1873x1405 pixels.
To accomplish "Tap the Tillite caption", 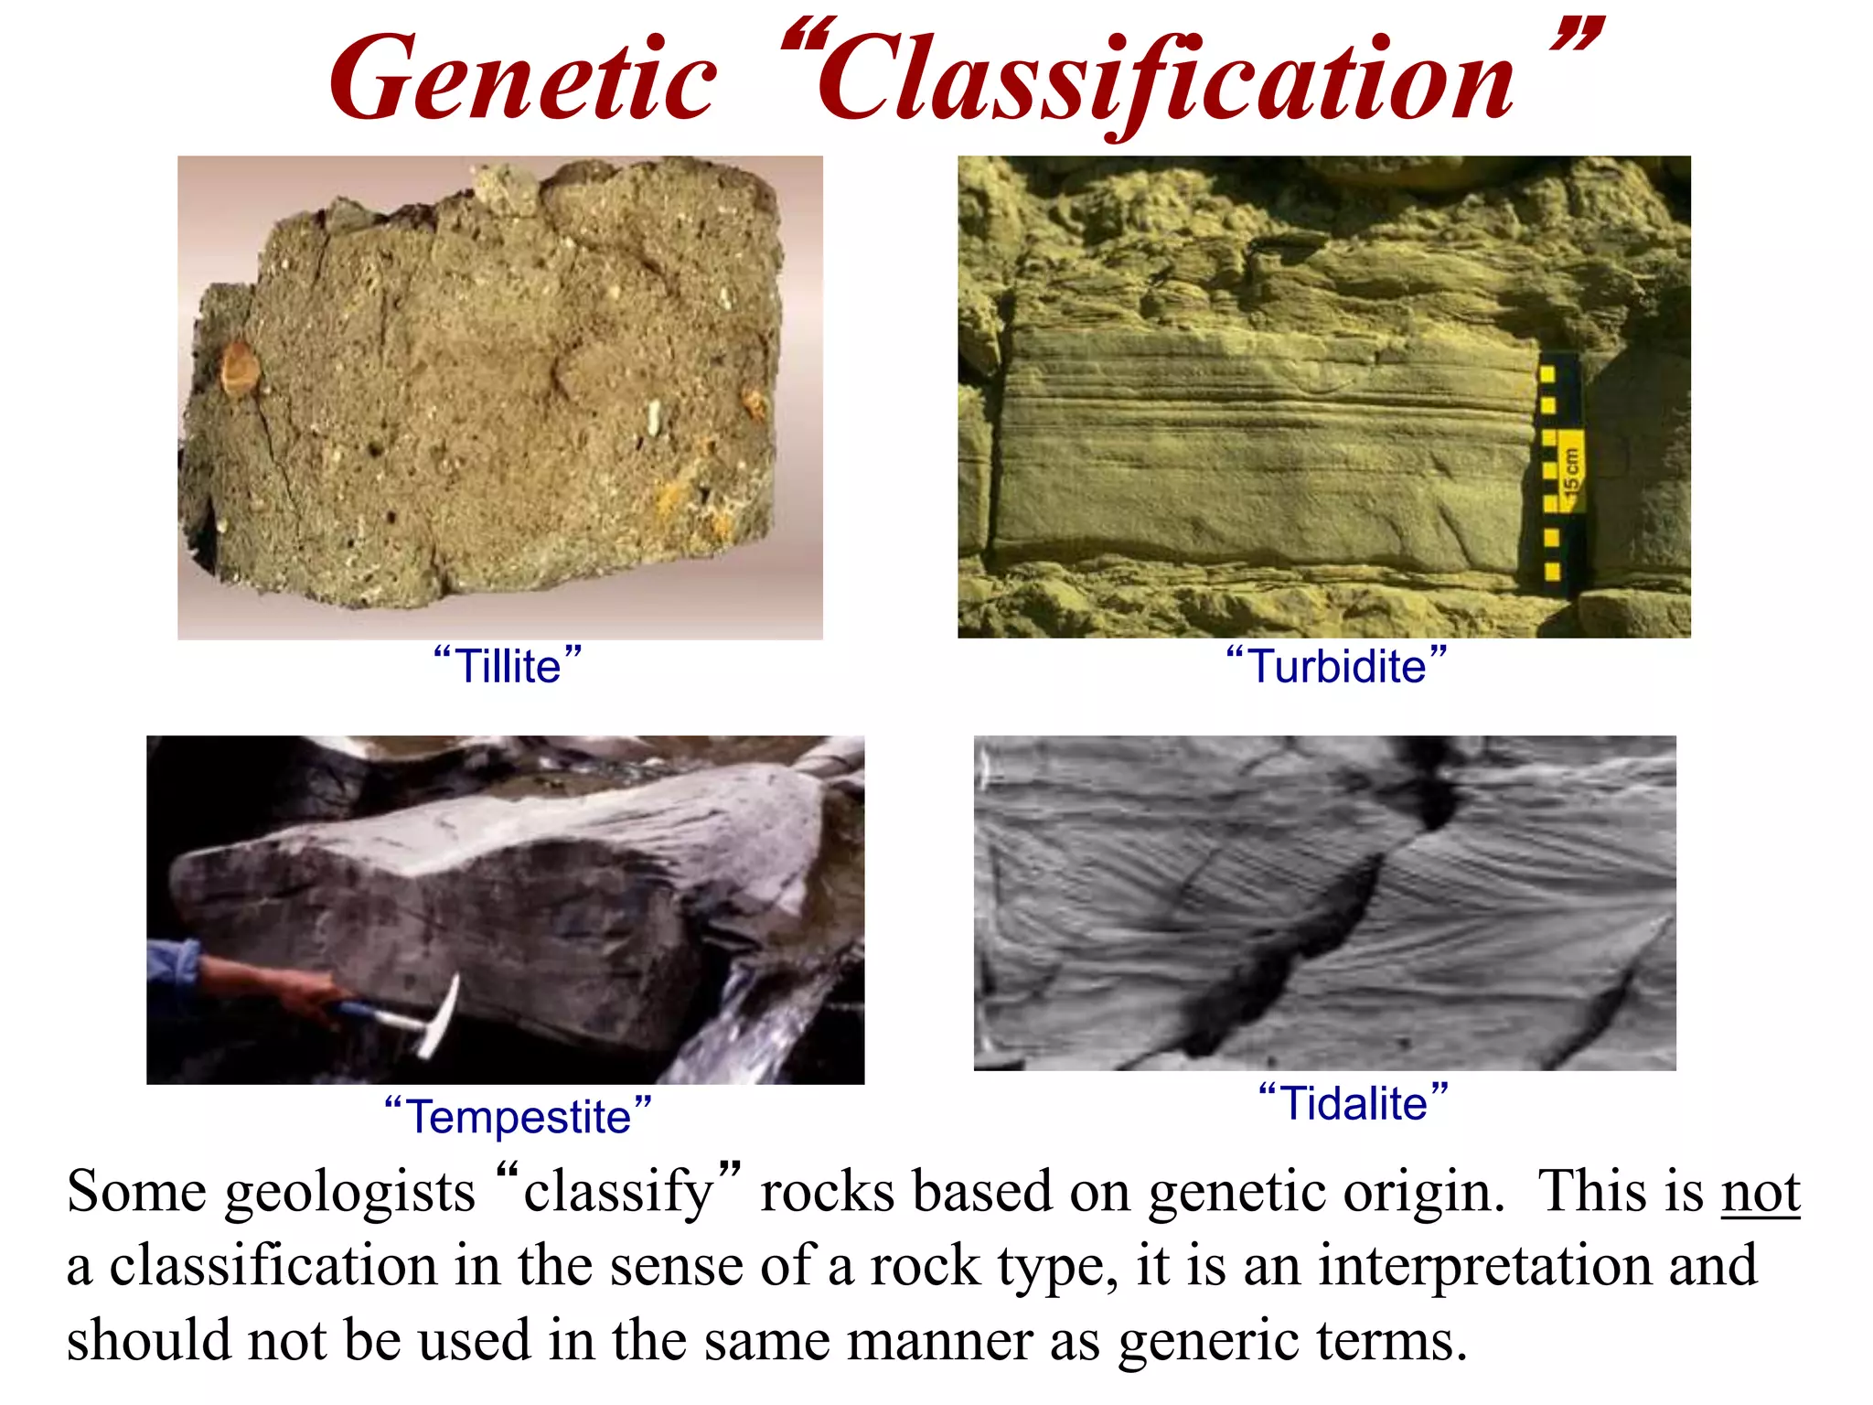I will tap(508, 665).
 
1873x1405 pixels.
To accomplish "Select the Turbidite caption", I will tap(1336, 665).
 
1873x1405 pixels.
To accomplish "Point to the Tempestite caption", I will tap(518, 1116).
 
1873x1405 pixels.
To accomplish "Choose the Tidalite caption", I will tap(1354, 1102).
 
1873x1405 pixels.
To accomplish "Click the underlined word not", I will tap(1761, 1193).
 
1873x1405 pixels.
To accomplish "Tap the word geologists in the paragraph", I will tap(350, 1193).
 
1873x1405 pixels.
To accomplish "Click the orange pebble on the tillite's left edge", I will tap(240, 368).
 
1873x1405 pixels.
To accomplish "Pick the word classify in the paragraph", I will tap(617, 1193).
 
